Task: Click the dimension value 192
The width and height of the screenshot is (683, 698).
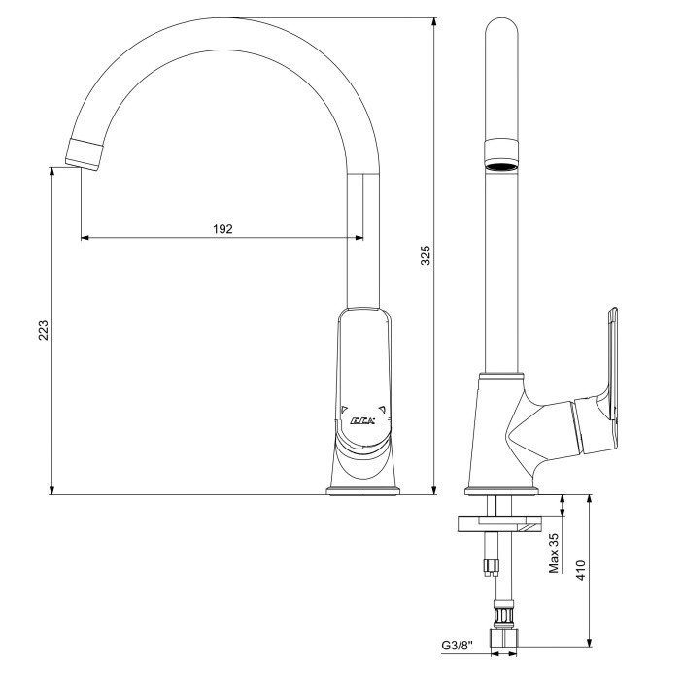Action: pos(222,229)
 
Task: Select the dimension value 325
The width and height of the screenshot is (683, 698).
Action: pos(426,255)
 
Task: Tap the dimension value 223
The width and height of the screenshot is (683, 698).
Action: pos(43,330)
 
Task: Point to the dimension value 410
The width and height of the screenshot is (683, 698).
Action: pos(581,570)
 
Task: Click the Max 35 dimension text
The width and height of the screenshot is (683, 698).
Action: pos(554,553)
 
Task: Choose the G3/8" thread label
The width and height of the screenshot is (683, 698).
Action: pos(457,645)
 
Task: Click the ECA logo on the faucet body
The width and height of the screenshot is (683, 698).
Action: pos(362,420)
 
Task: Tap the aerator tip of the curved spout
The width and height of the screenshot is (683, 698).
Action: pos(85,154)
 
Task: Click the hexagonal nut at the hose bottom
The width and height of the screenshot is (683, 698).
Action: pos(503,638)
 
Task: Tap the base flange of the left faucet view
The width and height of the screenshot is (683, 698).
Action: pos(363,491)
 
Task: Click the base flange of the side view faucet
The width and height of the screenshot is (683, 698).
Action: pos(501,491)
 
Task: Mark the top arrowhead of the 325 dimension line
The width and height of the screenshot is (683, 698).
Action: pos(434,22)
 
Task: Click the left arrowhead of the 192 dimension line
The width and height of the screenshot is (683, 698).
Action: pos(85,238)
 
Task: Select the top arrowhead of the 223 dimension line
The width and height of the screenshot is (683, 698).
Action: pos(52,172)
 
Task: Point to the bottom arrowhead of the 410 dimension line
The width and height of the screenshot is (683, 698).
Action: pos(590,642)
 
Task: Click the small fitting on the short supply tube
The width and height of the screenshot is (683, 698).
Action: pos(491,567)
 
